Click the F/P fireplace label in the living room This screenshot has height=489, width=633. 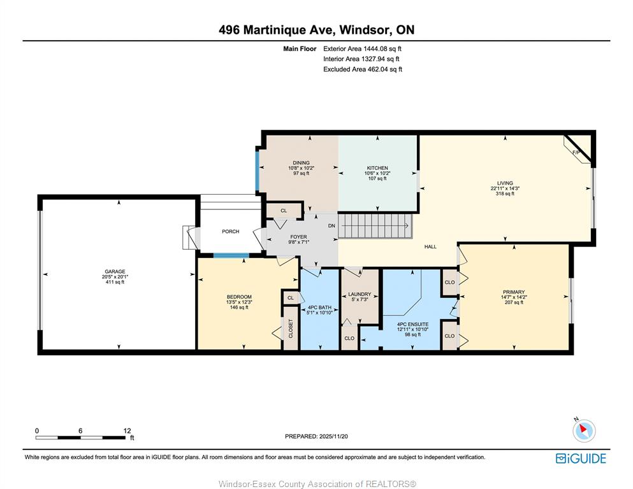coord(576,152)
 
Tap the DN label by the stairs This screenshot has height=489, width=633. coord(331,226)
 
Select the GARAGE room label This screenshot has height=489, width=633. coord(115,272)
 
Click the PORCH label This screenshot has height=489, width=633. coord(231,231)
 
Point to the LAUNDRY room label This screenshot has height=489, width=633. coord(360,294)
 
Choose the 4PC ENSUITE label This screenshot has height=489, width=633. coord(412,324)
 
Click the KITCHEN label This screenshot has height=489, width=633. coord(377,168)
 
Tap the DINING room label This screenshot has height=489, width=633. coord(301,163)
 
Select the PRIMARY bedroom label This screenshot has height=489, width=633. coord(514,292)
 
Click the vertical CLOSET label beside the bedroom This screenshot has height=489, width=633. coord(291,329)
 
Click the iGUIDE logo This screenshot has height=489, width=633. coord(581,458)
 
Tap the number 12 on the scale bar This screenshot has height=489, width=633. coord(127,430)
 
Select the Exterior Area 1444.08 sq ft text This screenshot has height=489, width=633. coord(362,49)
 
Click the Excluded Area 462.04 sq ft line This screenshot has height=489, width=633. coord(363,69)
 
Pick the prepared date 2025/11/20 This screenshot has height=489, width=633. coord(333,436)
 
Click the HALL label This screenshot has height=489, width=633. coord(430,246)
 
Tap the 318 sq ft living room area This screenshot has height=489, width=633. coord(505,194)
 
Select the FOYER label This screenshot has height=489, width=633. coord(299,237)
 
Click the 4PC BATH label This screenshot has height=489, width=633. coord(319,307)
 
